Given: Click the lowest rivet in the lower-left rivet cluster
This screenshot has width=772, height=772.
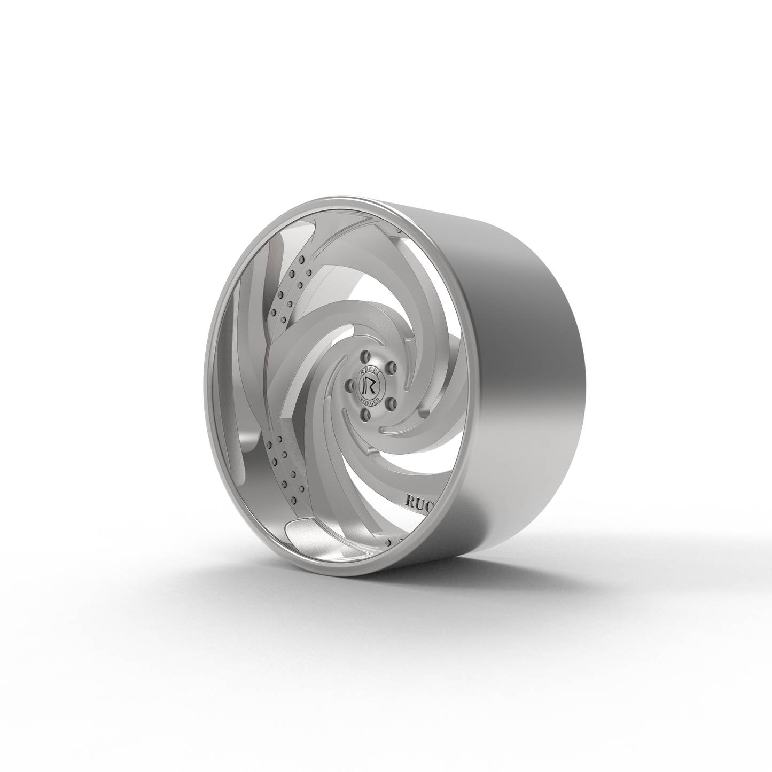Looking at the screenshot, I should tap(280, 499).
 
